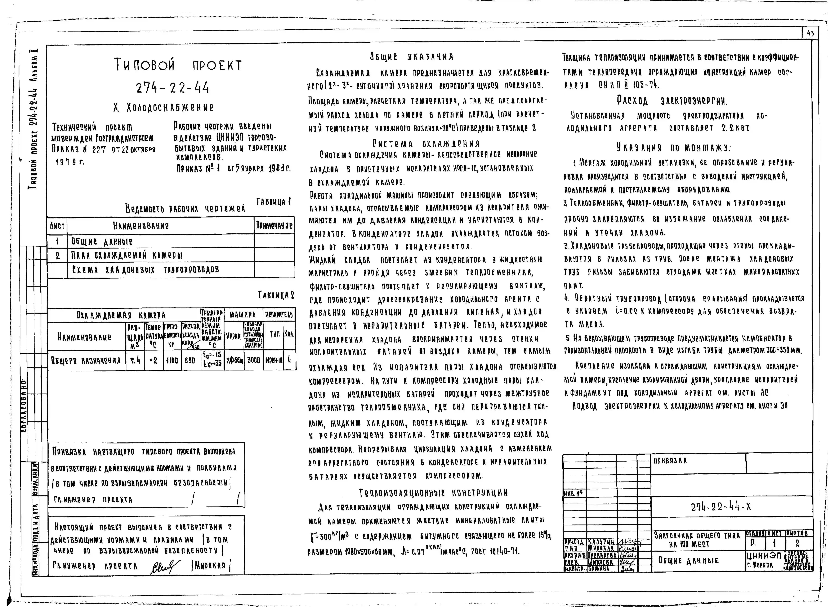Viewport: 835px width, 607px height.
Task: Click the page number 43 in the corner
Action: [x=810, y=34]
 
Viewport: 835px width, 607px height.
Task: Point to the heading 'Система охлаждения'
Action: [x=426, y=143]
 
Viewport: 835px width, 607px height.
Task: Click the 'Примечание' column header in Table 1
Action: [x=274, y=226]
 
